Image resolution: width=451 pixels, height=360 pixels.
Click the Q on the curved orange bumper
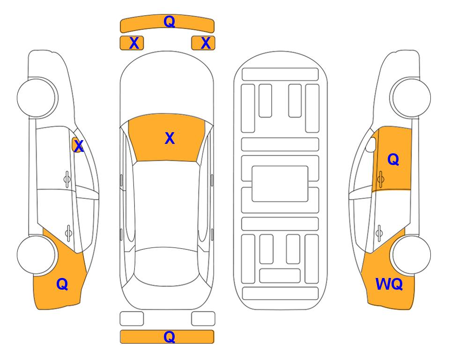pos(169,22)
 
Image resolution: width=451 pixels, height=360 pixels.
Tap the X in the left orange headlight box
pos(134,43)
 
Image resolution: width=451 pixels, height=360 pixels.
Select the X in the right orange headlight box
pos(206,43)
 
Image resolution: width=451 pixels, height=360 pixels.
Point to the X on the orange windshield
pos(170,138)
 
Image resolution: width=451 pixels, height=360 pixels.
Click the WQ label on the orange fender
pos(389,284)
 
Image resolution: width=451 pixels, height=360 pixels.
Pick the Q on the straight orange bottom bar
pos(169,337)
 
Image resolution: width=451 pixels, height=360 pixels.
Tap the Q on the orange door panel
pos(393,159)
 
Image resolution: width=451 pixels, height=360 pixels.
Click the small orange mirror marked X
pos(77,145)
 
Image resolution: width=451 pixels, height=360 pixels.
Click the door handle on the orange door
pos(381,179)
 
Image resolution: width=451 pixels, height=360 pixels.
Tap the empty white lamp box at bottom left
pos(132,319)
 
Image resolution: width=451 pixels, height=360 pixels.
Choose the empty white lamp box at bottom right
pos(203,319)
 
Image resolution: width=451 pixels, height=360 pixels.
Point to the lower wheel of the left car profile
pos(36,255)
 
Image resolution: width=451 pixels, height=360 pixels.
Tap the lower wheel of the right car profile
pos(412,255)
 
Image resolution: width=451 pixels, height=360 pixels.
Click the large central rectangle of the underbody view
pos(280,184)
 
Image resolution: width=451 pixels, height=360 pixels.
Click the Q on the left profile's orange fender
pos(62,284)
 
